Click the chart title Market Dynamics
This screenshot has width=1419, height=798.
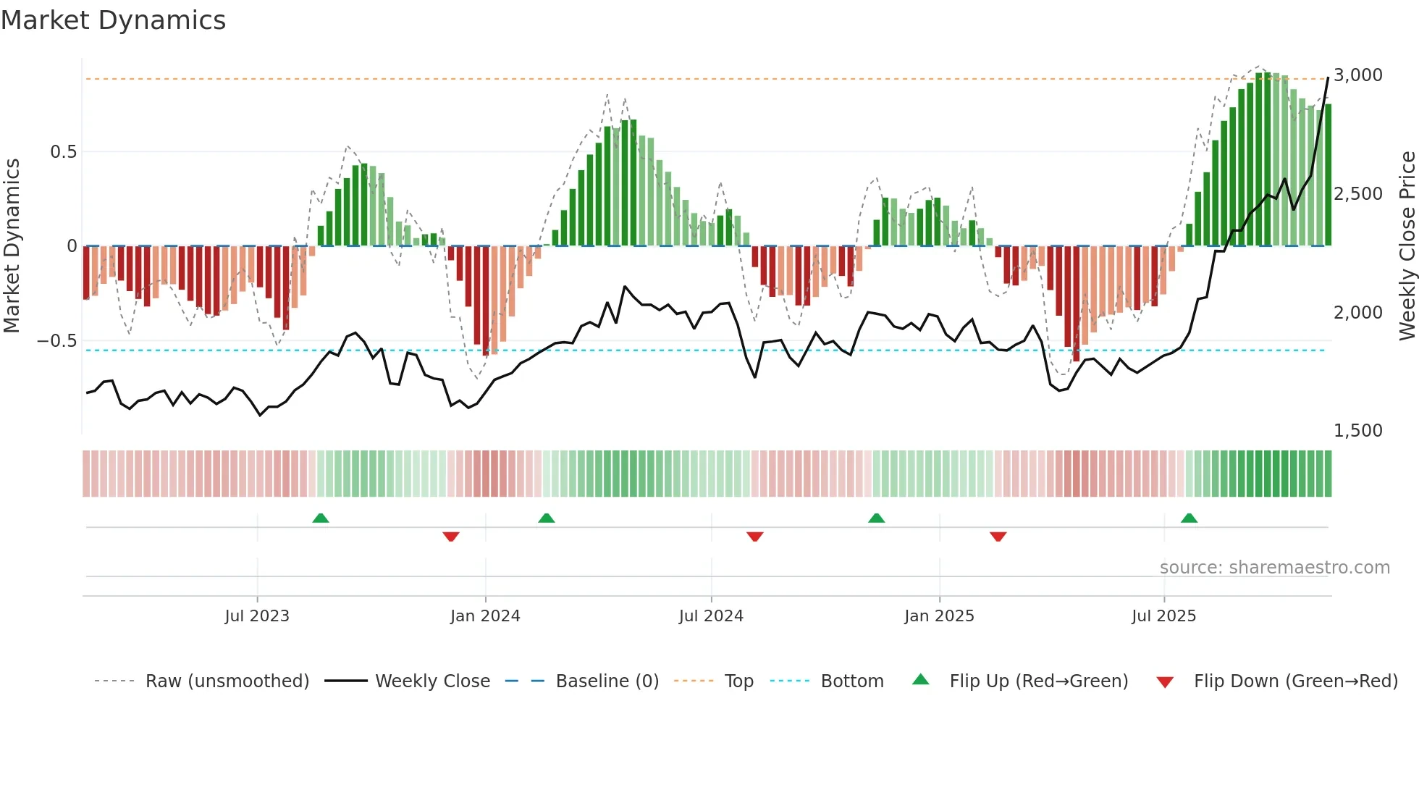(113, 20)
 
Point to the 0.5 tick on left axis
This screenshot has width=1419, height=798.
(63, 152)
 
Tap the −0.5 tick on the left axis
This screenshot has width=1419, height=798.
(56, 341)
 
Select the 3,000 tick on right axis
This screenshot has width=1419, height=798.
(1358, 75)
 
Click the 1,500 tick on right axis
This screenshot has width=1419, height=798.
(1358, 431)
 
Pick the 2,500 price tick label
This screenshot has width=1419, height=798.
(1358, 194)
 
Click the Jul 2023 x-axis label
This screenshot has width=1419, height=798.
(257, 616)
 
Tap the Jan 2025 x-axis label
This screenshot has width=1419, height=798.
(939, 616)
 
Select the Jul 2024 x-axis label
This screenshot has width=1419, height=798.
(711, 616)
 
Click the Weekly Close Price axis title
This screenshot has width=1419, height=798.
(1407, 246)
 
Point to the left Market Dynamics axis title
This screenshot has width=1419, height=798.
(12, 246)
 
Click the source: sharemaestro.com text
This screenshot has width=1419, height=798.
(1274, 568)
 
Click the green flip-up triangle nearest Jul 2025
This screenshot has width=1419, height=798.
(1189, 518)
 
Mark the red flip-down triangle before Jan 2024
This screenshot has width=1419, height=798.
(451, 537)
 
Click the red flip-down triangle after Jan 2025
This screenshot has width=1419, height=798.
(998, 537)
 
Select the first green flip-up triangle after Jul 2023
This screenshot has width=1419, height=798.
(321, 518)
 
